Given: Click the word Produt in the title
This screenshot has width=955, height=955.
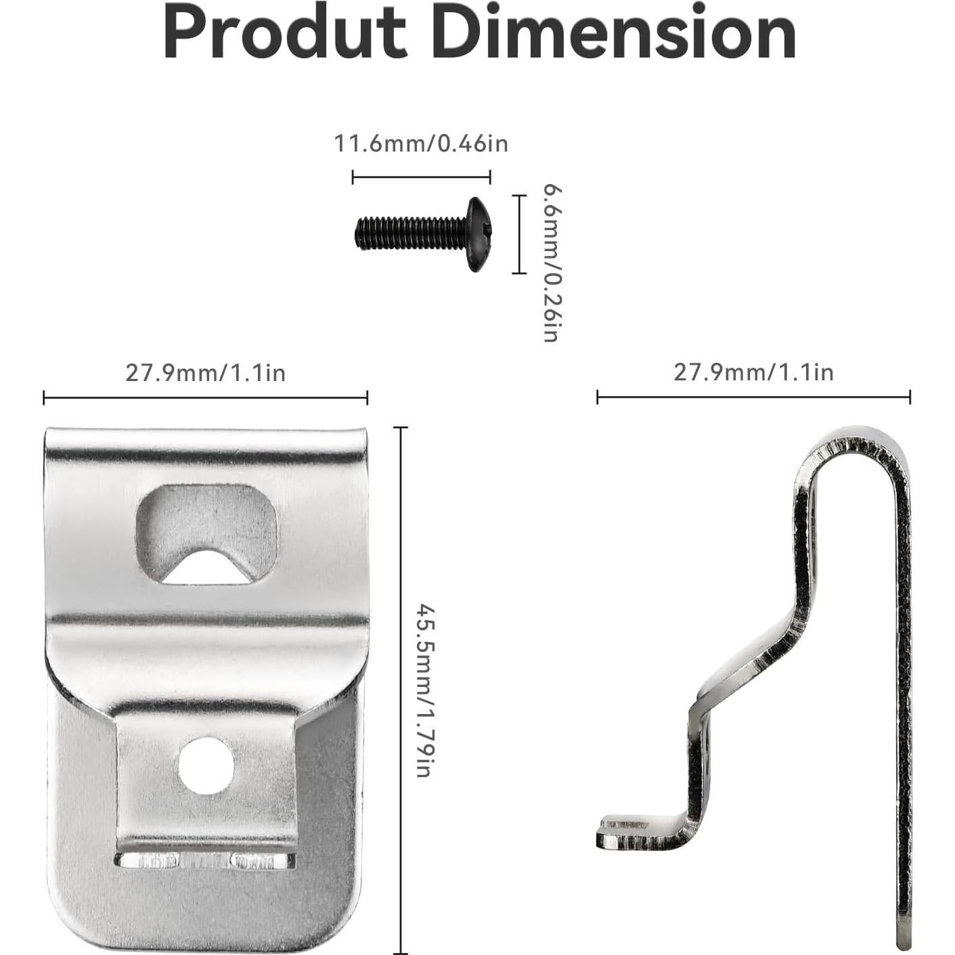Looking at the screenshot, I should click(284, 34).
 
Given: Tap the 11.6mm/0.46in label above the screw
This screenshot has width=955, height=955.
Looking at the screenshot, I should click(420, 144).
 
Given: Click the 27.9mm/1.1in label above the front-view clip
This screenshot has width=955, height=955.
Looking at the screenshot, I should click(205, 373).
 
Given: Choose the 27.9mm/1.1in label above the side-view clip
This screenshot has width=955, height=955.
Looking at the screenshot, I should click(753, 373).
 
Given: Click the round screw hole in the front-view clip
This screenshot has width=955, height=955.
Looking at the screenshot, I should click(206, 766).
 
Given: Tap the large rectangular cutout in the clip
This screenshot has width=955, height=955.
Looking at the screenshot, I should click(206, 521).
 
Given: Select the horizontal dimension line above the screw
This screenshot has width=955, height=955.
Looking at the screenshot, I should click(421, 178).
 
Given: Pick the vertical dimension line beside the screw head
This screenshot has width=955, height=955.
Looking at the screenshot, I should click(518, 234).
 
